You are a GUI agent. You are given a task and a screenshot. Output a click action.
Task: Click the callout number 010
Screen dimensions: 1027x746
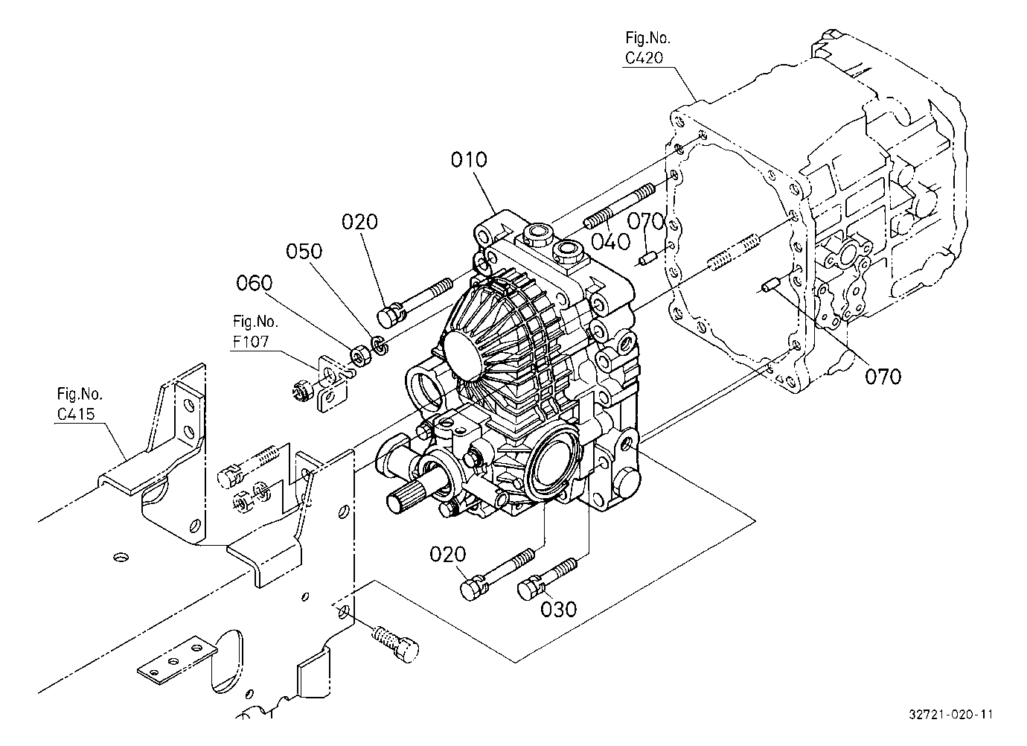click(469, 159)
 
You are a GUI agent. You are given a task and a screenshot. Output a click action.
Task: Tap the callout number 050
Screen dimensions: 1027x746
click(304, 251)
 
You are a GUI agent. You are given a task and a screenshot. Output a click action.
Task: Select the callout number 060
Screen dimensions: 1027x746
click(255, 283)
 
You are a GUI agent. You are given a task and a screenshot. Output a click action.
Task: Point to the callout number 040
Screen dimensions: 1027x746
click(611, 241)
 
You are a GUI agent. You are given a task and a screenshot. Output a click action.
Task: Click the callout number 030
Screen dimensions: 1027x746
click(558, 609)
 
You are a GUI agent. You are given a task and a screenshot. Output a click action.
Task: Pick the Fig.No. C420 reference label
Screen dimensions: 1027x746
click(647, 48)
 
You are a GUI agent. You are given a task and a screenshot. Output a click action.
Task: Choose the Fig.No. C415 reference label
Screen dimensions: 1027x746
click(80, 404)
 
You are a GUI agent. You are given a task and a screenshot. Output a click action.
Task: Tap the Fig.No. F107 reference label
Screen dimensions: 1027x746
click(255, 331)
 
